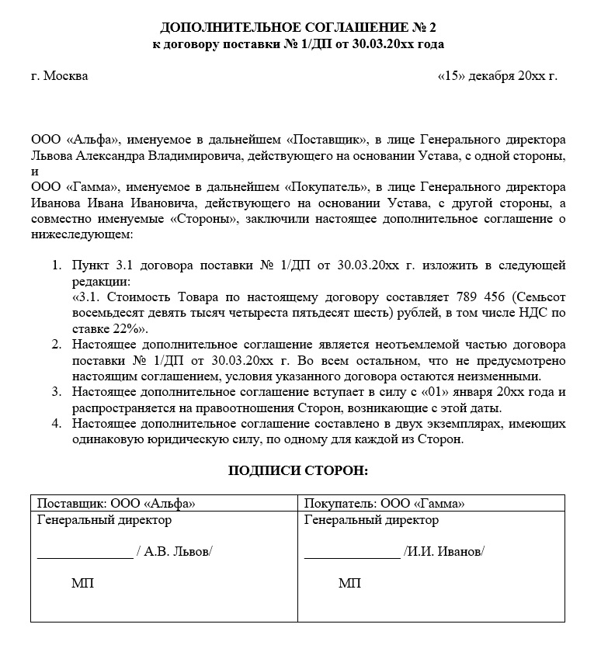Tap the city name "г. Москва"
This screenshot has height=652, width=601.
tap(60, 76)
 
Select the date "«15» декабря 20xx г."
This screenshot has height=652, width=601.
tap(498, 76)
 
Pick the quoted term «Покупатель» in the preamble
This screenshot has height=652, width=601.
tap(326, 187)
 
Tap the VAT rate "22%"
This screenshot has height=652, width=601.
tap(115, 328)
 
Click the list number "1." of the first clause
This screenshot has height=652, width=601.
tap(57, 265)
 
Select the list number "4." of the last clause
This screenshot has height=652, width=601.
tap(57, 424)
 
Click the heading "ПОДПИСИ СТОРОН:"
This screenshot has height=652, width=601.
tap(298, 471)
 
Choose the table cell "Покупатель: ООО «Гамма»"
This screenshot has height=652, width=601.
tap(384, 502)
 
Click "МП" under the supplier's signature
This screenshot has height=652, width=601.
tap(82, 584)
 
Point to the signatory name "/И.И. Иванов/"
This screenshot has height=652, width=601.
tap(444, 552)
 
